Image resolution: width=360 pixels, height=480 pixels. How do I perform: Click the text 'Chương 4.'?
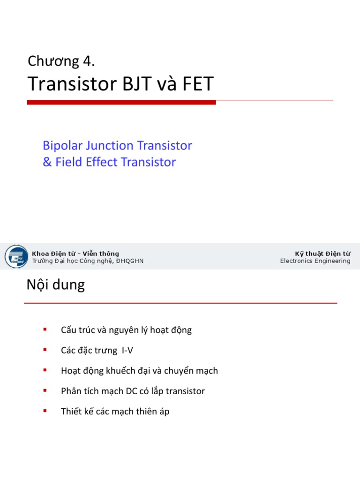pos(61,61)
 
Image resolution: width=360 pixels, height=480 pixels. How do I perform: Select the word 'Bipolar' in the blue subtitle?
pos(61,146)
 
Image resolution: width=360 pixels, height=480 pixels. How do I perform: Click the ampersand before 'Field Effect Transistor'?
pos(47,162)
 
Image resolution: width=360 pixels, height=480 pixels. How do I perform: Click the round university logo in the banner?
pos(16,257)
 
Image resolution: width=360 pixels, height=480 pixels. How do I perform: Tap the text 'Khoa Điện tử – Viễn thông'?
pos(75,254)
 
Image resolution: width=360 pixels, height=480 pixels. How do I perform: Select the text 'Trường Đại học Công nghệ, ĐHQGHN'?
pos(88,261)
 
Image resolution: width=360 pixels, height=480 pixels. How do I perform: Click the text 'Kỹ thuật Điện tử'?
pos(322,254)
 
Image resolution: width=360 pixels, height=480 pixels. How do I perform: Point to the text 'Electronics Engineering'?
pos(315,261)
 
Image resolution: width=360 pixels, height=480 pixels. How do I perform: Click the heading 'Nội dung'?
pos(56,285)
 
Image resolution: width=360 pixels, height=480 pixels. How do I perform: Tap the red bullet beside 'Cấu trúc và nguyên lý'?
pos(45,330)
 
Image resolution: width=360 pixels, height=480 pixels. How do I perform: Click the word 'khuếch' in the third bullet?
pos(140,371)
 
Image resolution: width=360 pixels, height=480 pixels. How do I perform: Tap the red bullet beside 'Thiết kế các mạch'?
pos(45,411)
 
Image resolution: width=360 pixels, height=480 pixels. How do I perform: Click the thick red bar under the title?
pos(121,102)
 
